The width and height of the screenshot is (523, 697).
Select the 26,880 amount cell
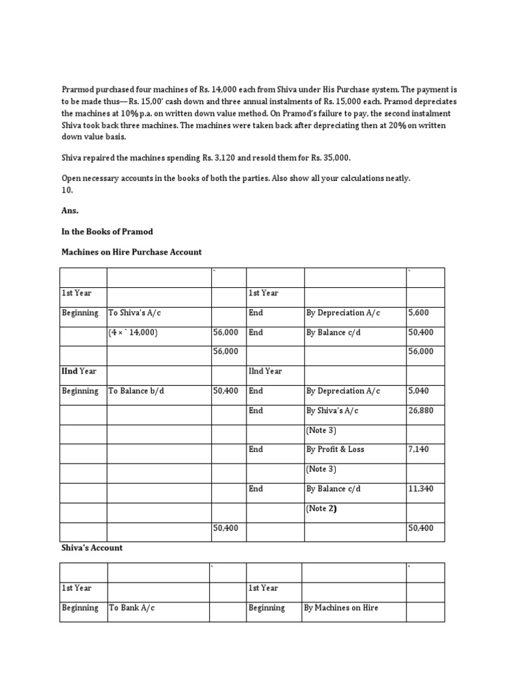click(x=420, y=410)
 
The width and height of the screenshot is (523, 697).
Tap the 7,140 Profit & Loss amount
click(x=418, y=450)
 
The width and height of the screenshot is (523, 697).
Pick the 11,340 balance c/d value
click(x=420, y=489)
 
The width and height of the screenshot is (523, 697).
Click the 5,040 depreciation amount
click(x=418, y=391)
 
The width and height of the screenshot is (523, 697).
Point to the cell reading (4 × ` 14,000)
click(x=133, y=333)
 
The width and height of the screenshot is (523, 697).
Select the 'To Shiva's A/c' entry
click(x=134, y=313)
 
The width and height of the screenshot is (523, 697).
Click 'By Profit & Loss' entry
click(x=335, y=450)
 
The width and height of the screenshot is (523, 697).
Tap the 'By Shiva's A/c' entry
click(x=332, y=410)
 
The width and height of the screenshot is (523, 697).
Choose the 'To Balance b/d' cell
click(x=136, y=391)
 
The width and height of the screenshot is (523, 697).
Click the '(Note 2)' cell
click(x=321, y=508)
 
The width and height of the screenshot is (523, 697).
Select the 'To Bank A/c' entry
click(x=131, y=608)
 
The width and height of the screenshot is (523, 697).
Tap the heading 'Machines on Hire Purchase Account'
click(x=131, y=252)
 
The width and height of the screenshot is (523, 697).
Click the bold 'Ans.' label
click(x=70, y=212)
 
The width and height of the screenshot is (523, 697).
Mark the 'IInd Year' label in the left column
click(x=79, y=371)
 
